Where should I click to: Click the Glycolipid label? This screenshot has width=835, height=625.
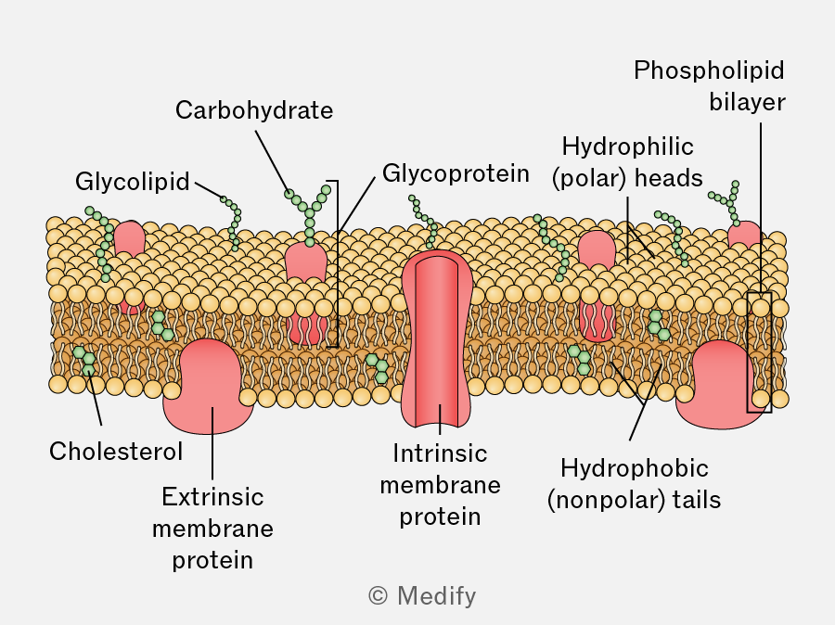pos(132,182)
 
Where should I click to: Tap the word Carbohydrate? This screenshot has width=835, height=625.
pos(254,110)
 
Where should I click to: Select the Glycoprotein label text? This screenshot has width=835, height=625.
pos(456,174)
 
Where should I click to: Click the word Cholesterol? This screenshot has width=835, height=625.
pos(116,452)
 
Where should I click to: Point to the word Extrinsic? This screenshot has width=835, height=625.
pos(212,497)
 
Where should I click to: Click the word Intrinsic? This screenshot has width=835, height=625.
pos(440,453)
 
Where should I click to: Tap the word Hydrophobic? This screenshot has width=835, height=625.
pos(635,468)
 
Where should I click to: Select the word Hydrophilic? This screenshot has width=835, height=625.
pos(627,147)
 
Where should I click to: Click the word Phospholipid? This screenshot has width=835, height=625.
pos(709,70)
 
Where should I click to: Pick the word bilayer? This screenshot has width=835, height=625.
pos(747,102)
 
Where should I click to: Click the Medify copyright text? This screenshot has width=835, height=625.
pos(422,595)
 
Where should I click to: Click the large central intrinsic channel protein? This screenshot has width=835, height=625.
pos(437,338)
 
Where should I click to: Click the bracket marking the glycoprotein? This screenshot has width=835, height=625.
pos(337,264)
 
